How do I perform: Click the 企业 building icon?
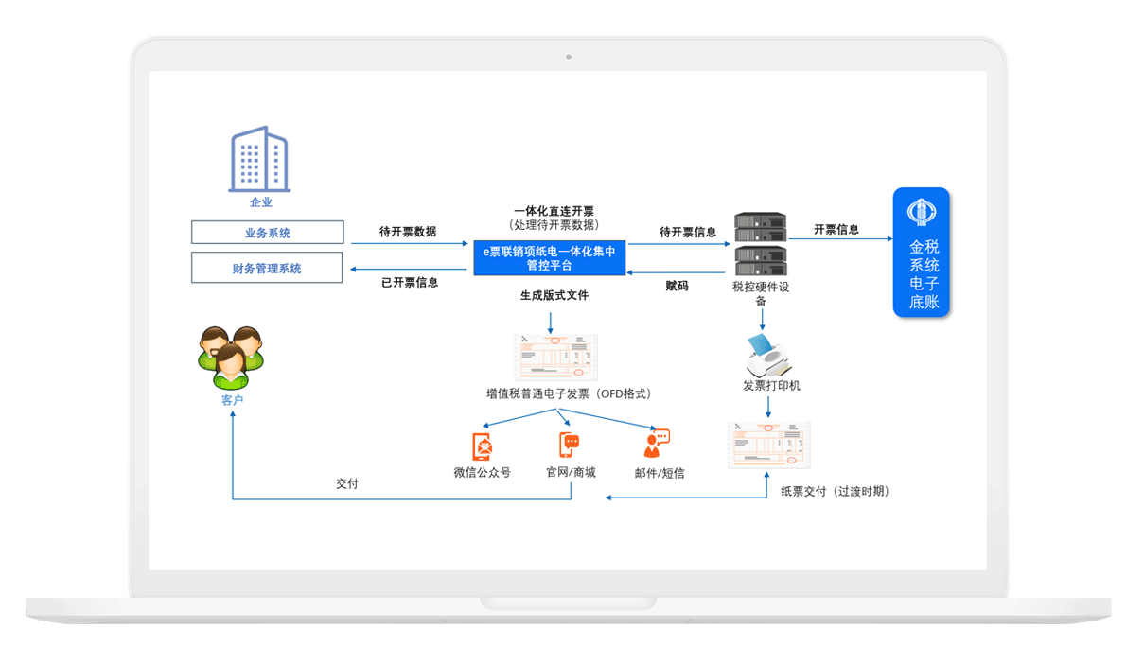tap(259, 160)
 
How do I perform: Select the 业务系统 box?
tap(268, 233)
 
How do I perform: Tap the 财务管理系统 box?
tap(268, 269)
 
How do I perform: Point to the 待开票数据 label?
tap(408, 232)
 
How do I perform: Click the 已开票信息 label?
tap(410, 282)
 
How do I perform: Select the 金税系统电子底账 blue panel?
tap(922, 253)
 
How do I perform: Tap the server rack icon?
tap(761, 243)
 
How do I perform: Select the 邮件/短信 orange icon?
tap(656, 445)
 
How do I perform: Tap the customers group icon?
tap(231, 357)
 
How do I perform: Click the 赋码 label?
tap(677, 286)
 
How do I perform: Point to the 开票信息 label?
tap(836, 230)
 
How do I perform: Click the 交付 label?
tap(347, 483)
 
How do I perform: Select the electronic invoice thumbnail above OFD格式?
tap(556, 358)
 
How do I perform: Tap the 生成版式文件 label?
tap(554, 295)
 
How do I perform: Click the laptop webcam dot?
tap(569, 57)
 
